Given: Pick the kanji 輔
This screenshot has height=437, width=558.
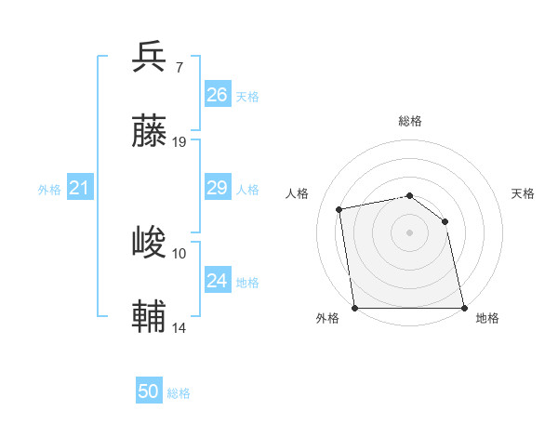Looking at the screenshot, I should click(x=150, y=317).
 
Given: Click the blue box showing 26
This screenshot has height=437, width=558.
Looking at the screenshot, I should click(x=218, y=95).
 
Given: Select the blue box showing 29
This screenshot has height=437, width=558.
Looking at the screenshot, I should click(x=218, y=189).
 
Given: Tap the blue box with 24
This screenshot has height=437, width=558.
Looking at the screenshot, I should click(x=218, y=281).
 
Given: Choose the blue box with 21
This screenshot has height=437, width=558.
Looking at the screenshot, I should click(x=80, y=189).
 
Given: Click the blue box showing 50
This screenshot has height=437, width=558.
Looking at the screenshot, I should click(x=149, y=391).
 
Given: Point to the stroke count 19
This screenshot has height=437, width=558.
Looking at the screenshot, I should click(x=179, y=142).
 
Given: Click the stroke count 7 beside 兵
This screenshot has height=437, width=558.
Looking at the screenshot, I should click(x=179, y=67).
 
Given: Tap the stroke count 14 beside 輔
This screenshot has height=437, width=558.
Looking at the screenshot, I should click(x=179, y=328).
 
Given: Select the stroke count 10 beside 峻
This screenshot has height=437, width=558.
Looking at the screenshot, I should click(x=179, y=253).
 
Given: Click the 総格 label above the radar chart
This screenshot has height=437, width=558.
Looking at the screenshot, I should click(x=409, y=121).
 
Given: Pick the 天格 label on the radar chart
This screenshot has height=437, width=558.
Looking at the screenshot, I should click(x=523, y=193).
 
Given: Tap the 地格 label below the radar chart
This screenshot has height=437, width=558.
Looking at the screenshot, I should click(x=487, y=318).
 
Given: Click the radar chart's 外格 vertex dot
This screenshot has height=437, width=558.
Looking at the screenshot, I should click(x=354, y=308).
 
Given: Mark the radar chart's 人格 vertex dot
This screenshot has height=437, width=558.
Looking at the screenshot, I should click(x=339, y=209).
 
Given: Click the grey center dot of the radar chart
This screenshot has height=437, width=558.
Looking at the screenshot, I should click(x=409, y=232).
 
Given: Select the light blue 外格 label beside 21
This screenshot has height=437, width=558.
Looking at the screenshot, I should click(x=49, y=190).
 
